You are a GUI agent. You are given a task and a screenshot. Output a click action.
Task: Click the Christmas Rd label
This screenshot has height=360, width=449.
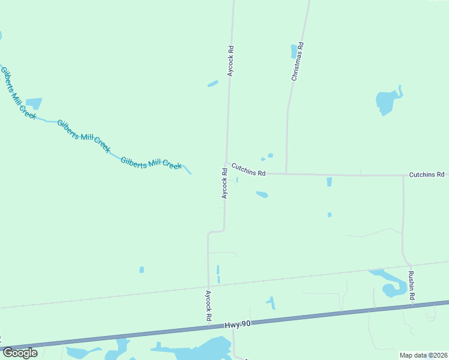pos(298,61)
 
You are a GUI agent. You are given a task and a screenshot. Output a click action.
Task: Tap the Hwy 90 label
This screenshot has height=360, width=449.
pos(238,325)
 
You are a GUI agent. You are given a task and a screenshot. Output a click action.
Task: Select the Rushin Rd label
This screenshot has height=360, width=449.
pos(412,286)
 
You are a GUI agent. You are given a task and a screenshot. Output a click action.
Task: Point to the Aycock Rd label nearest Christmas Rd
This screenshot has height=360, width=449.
pos(230,61)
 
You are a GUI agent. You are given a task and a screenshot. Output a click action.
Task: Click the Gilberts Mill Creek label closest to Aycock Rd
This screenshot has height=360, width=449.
pos(151,163)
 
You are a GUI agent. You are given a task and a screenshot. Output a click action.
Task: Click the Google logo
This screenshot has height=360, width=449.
pos(20,352)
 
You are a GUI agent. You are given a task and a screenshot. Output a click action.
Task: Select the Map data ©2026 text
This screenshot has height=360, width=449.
pos(423,355)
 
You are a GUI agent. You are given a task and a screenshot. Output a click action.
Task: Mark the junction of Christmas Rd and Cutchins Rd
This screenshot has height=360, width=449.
pos(286,174)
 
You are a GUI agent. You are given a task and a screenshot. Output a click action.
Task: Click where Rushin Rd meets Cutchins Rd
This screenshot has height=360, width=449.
pos(403,176)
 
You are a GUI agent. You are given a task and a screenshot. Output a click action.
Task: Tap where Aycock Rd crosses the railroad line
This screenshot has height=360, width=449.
pos(208,286)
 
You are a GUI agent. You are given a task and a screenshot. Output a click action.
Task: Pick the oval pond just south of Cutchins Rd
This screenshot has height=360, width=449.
pos(262,194)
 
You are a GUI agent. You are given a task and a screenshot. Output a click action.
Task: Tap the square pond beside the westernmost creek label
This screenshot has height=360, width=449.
pos(34,104)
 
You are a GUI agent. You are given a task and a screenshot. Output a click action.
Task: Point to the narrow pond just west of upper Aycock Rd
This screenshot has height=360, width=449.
pos(212,83)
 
